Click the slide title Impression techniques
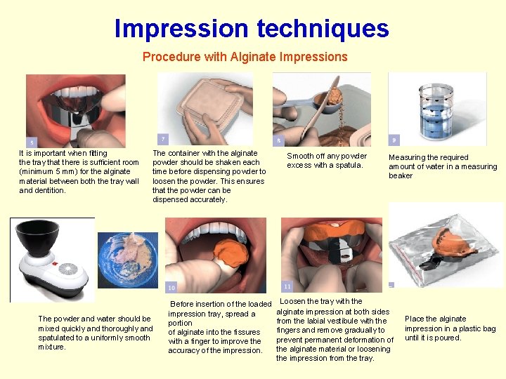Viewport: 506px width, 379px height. (252, 29)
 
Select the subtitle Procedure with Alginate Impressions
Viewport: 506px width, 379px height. (245, 57)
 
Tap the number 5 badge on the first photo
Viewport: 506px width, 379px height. (31, 142)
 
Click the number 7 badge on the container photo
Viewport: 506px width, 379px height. (163, 140)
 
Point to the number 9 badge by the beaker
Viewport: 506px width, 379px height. (394, 140)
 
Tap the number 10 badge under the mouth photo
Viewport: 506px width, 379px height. (171, 287)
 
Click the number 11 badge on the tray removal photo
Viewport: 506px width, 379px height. (287, 286)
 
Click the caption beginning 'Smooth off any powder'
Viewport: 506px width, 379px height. (327, 161)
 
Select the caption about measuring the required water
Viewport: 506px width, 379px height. (443, 166)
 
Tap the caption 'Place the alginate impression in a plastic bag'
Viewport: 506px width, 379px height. (450, 328)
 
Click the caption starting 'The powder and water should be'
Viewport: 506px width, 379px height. (95, 333)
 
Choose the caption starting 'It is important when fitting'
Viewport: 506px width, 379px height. (79, 171)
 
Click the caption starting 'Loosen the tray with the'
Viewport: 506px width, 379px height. (335, 330)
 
